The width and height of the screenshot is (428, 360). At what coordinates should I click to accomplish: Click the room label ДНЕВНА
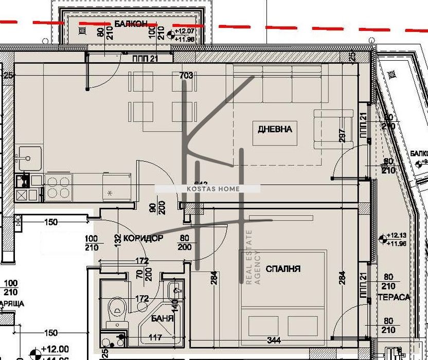[x=275, y=129]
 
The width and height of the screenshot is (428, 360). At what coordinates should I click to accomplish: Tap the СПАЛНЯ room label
[x=283, y=268]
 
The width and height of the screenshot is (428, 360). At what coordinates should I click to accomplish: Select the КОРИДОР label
[x=144, y=239]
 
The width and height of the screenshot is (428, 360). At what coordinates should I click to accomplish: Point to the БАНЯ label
[x=162, y=318]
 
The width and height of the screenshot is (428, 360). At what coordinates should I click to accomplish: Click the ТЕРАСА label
[x=394, y=297]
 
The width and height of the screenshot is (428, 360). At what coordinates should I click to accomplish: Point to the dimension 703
[x=186, y=76]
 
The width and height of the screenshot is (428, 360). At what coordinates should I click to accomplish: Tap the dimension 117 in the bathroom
[x=155, y=338]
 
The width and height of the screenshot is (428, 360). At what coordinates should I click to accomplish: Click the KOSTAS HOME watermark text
[x=208, y=189]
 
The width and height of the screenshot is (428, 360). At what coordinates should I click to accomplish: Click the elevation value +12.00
[x=57, y=348]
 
